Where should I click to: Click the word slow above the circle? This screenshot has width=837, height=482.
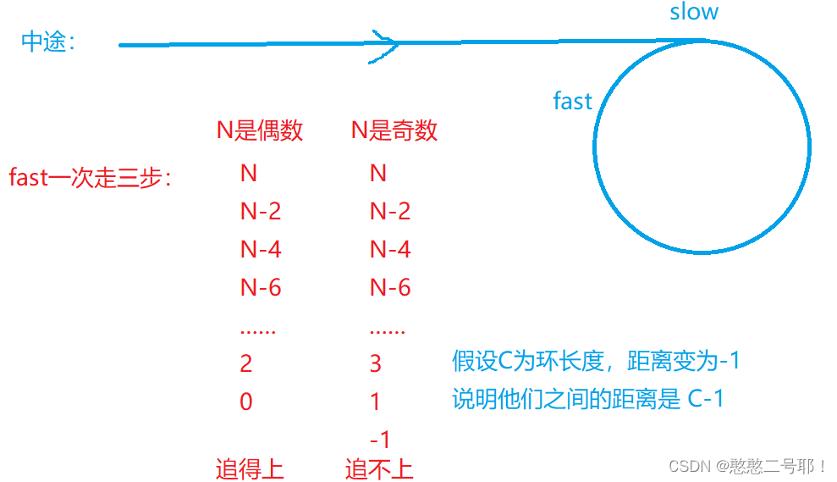point(694,12)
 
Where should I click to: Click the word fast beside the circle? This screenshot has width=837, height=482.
point(572,102)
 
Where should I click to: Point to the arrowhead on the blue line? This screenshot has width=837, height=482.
point(386,42)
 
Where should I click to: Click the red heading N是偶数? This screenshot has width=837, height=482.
point(260,130)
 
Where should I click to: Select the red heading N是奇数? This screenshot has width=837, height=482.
point(394,130)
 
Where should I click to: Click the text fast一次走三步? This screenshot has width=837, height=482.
point(90,178)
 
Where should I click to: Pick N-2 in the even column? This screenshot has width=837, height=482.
point(261,211)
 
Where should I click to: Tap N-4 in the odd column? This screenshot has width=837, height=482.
point(390,249)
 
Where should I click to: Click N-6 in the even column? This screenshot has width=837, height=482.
point(261,288)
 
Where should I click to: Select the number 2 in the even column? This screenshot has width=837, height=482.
point(246,363)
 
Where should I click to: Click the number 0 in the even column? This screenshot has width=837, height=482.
point(246,402)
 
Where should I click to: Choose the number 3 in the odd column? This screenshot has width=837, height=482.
point(376,363)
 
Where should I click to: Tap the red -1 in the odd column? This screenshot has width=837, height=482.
point(380,440)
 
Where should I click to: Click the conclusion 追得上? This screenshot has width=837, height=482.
point(250,468)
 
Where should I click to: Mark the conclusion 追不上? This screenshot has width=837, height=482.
point(379,468)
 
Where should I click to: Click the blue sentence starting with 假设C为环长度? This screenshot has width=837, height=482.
point(597,361)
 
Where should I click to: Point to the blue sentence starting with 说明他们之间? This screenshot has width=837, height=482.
point(588,399)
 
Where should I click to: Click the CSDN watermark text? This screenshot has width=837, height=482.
point(747,466)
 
